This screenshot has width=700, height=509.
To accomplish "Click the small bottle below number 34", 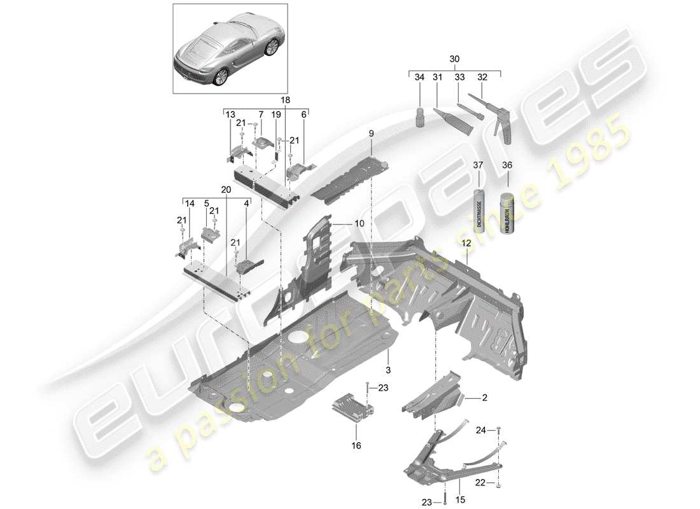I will coord(420,118).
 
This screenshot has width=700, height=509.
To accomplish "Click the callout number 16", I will coord(356,445).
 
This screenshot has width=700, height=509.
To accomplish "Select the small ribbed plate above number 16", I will coord(351,407).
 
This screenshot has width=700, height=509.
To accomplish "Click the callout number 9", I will coord(370,134).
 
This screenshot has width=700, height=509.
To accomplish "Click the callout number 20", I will coord(226,189).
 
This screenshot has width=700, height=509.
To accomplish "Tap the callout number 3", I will coord(386,369).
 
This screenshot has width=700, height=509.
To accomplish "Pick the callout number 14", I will coord(189,204).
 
